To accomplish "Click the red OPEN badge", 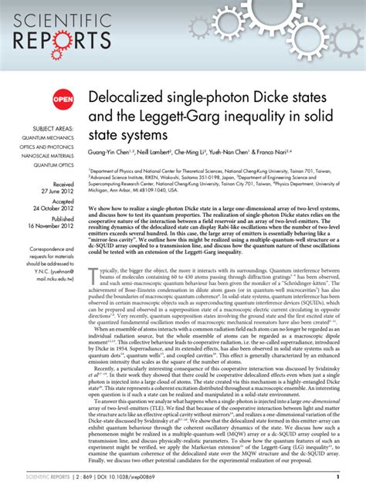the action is [x=62, y=98].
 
